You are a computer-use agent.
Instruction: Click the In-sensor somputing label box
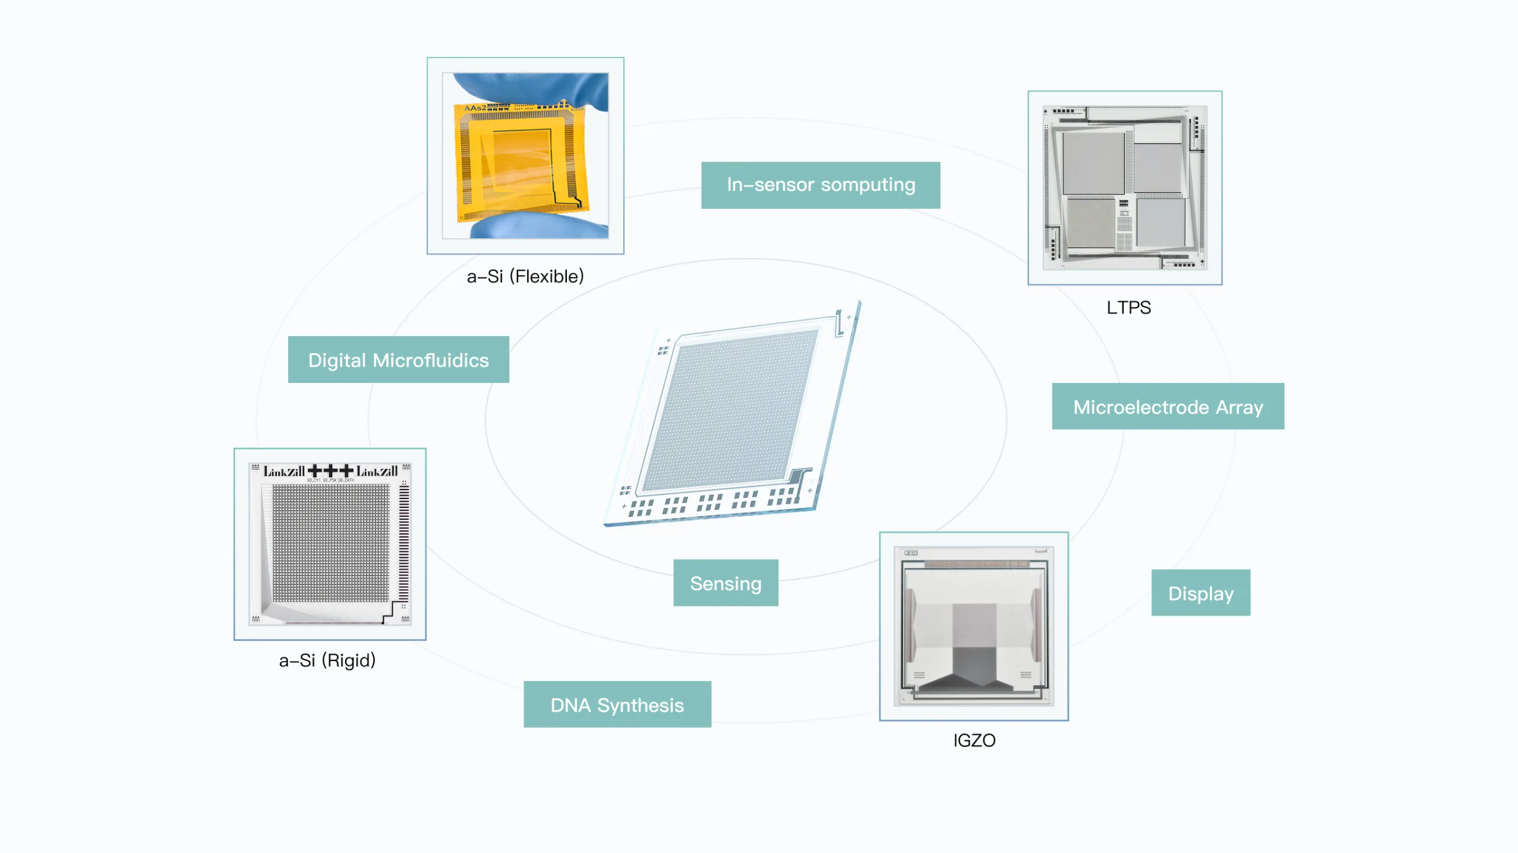tap(820, 185)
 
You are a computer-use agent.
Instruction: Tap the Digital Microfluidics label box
tap(398, 360)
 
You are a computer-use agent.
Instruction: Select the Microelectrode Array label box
tap(1168, 407)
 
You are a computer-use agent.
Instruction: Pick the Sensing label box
tap(725, 583)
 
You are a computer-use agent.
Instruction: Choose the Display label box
tap(1200, 593)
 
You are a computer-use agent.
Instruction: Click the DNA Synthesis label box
tap(617, 705)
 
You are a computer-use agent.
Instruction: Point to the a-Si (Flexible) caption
tap(525, 276)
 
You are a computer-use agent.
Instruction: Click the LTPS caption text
tap(1128, 308)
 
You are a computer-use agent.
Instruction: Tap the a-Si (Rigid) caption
tap(327, 660)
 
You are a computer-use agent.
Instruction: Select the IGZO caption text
tap(974, 740)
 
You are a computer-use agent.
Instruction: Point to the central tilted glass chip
tap(732, 415)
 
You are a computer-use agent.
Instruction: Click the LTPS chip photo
tap(1124, 187)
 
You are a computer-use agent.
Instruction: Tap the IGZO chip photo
tap(974, 626)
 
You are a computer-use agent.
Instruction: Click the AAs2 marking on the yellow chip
tap(475, 108)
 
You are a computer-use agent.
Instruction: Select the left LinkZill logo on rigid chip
tap(284, 472)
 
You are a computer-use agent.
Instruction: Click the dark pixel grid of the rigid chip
tap(331, 542)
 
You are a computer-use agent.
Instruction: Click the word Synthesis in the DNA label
tap(640, 705)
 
